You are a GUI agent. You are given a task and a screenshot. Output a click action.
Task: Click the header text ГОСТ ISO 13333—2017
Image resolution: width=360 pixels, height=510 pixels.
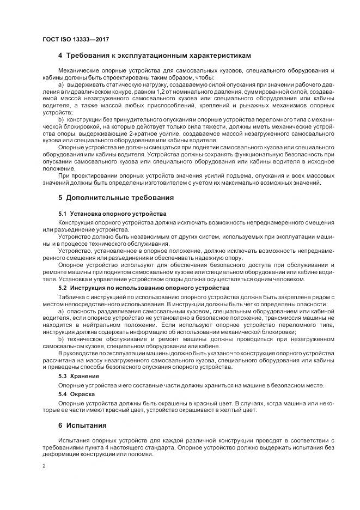coord(71,39)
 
